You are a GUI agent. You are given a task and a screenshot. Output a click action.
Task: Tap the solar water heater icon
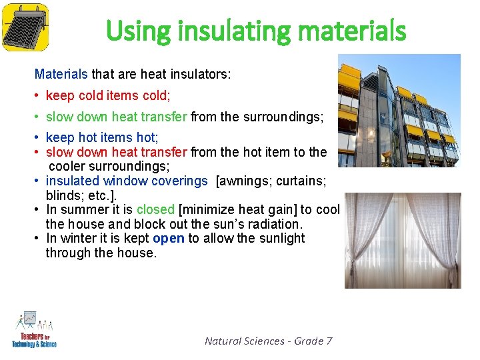pos(25,26)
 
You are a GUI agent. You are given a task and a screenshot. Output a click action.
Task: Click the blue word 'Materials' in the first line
pos(61,74)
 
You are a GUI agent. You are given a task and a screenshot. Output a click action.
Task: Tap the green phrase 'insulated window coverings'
pos(127,181)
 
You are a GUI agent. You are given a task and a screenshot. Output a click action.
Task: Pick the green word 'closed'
pos(156,210)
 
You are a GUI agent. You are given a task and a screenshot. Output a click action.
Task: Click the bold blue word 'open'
pos(169,239)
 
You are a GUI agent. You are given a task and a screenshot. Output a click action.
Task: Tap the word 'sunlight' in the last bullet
pos(282,239)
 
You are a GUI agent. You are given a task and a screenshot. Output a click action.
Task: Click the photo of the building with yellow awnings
pos(399,110)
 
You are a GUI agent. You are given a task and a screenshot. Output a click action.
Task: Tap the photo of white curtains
pos(402,240)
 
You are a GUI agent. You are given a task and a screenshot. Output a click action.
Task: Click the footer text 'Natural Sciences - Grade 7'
pos(268,341)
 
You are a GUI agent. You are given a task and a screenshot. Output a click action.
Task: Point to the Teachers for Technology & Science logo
pos(34,329)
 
